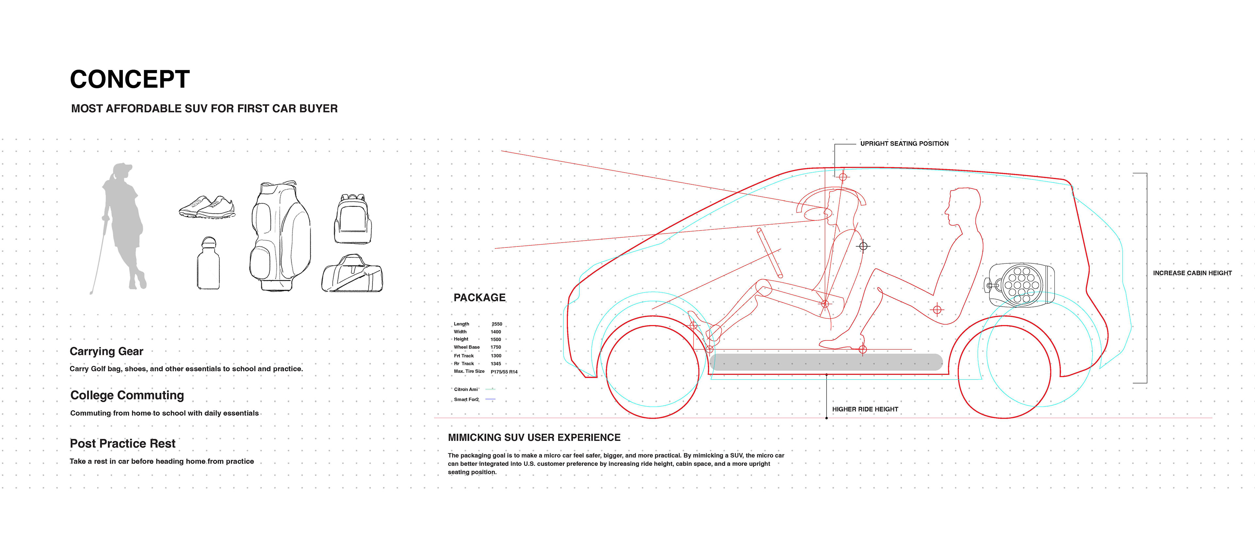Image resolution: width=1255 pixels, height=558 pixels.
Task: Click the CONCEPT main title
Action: pyautogui.click(x=130, y=79)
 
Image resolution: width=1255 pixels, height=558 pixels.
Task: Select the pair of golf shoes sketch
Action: pyautogui.click(x=207, y=208)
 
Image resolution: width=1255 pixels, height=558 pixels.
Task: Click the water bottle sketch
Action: pyautogui.click(x=209, y=264)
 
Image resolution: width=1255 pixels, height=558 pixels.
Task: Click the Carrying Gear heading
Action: pyautogui.click(x=106, y=351)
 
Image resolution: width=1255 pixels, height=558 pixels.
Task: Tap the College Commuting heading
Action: pyautogui.click(x=127, y=395)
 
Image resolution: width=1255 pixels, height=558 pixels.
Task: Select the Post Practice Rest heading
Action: pyautogui.click(x=122, y=444)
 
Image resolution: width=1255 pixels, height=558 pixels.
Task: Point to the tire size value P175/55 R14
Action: pyautogui.click(x=504, y=372)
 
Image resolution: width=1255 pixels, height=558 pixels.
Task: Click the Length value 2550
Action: pyautogui.click(x=496, y=324)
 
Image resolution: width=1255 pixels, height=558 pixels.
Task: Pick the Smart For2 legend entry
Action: pyautogui.click(x=467, y=399)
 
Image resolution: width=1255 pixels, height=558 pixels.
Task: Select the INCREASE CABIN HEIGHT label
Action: pyautogui.click(x=1192, y=273)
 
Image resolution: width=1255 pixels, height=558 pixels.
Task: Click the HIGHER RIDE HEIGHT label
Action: pyautogui.click(x=865, y=409)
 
